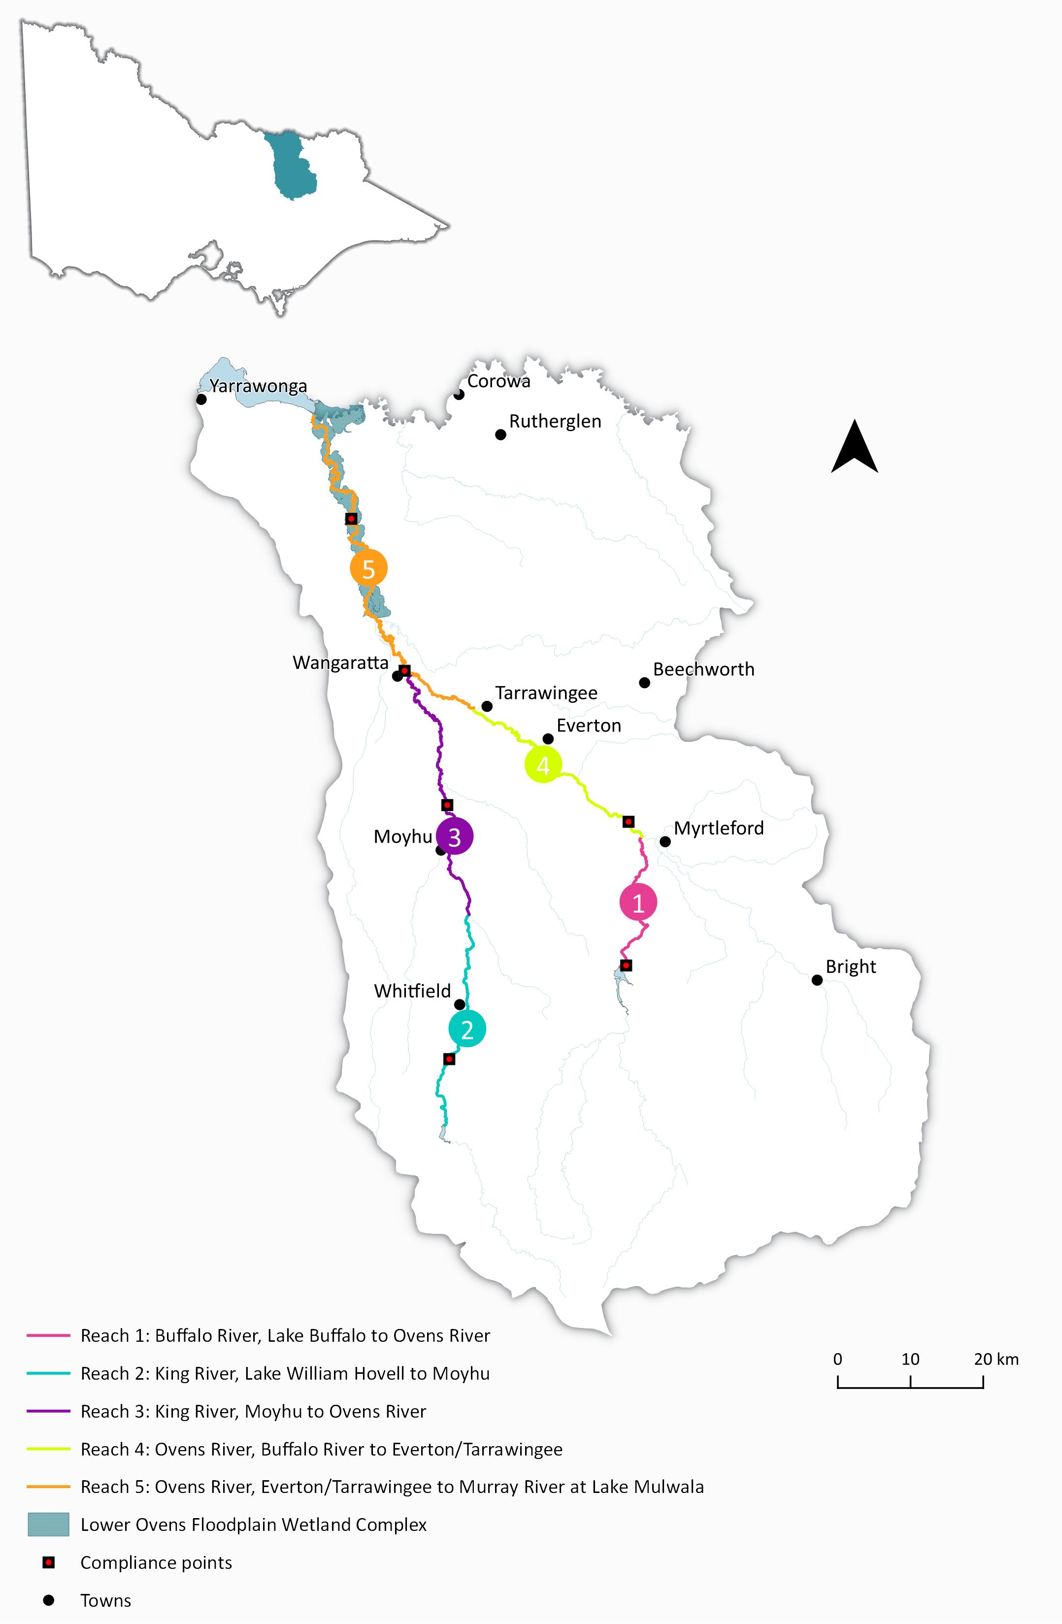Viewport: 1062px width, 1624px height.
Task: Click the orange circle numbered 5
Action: coord(368,568)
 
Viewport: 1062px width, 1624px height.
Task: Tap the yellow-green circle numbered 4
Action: coord(543,765)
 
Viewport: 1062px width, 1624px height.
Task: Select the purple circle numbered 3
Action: coord(455,836)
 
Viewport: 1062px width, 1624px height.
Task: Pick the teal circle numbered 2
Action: coord(467,1029)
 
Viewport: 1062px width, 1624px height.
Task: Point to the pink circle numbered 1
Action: coord(638,903)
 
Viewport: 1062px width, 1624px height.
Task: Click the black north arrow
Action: coord(855,448)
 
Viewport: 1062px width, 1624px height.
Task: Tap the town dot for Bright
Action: coord(817,980)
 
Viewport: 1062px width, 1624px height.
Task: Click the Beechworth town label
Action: coord(704,669)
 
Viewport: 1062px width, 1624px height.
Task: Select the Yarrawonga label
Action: coord(258,386)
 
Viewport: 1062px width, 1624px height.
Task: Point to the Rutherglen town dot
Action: coord(500,434)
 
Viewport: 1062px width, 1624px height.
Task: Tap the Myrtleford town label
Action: coord(719,829)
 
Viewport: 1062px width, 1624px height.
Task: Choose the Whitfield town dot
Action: coord(460,1004)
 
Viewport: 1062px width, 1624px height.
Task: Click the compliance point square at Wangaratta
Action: coord(405,671)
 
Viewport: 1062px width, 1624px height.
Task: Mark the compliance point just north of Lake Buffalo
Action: coord(626,965)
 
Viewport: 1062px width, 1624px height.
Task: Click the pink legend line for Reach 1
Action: coord(48,1335)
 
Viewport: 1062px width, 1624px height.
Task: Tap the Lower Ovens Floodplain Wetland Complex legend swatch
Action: coord(48,1525)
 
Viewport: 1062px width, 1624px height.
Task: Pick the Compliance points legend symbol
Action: coord(48,1562)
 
